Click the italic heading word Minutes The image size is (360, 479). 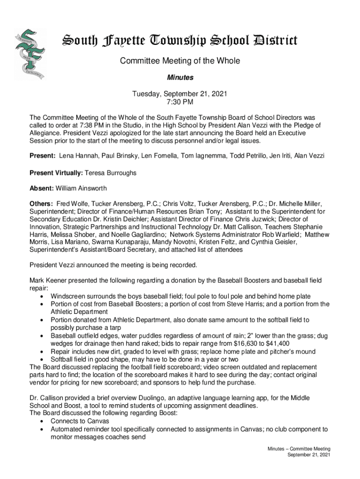pos(180,77)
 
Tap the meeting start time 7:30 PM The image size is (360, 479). pos(180,102)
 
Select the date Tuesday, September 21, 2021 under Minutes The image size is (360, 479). pos(180,94)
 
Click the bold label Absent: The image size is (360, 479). pos(42,189)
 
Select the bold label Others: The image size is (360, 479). pos(41,204)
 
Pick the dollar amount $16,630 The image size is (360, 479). pos(251,342)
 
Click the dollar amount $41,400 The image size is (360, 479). pos(282,342)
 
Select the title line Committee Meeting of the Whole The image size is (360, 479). pos(180,61)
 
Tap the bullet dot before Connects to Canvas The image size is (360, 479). pos(43,421)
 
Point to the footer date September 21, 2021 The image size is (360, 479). pos(309,455)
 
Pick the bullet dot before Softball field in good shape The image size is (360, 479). pos(43,359)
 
